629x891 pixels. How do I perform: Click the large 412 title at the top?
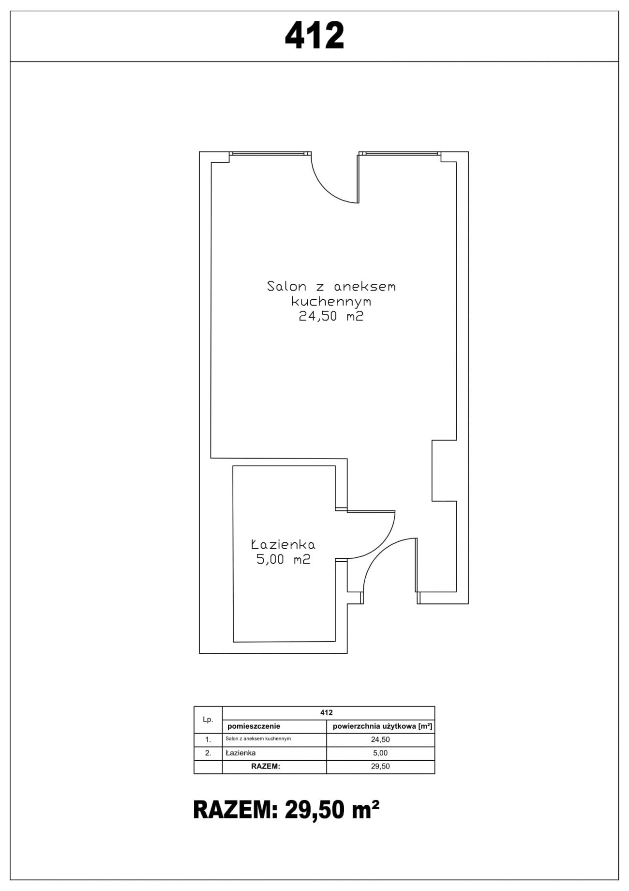[x=314, y=36]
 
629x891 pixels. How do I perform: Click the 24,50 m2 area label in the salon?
[x=331, y=317]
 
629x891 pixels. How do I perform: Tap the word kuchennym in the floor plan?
[x=331, y=302]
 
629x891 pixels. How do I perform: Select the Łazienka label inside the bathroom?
[x=283, y=544]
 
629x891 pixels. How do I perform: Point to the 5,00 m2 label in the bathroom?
[x=283, y=560]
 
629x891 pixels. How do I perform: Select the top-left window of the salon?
[x=270, y=154]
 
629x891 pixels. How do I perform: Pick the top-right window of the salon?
[x=400, y=154]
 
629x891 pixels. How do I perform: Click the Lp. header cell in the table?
[x=208, y=720]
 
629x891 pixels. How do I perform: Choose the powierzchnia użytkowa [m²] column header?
[x=381, y=726]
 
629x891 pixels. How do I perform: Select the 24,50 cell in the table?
[x=381, y=739]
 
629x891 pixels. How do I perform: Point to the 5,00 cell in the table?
[x=381, y=753]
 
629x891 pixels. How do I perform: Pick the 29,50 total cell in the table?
[x=381, y=767]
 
